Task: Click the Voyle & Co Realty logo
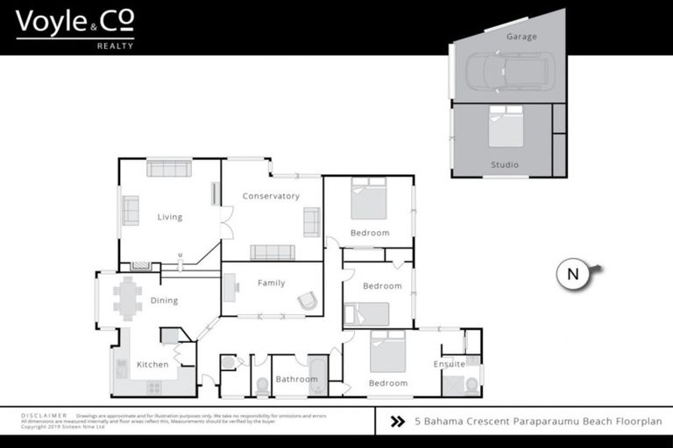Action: [74, 28]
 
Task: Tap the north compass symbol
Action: [574, 274]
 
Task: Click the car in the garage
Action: [509, 72]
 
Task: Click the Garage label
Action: [522, 37]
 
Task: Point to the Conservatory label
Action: [271, 196]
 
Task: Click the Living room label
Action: [170, 217]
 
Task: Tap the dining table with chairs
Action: [128, 298]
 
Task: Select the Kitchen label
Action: [152, 364]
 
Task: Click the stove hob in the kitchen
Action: [154, 387]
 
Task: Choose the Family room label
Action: [271, 283]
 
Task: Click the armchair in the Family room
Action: [307, 301]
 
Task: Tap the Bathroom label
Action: [296, 379]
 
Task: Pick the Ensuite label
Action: [449, 364]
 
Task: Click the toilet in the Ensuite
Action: [471, 383]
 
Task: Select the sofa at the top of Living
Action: [169, 168]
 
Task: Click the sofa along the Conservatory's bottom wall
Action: [273, 252]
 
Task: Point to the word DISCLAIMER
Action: [43, 416]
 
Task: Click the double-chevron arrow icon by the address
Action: [397, 421]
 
